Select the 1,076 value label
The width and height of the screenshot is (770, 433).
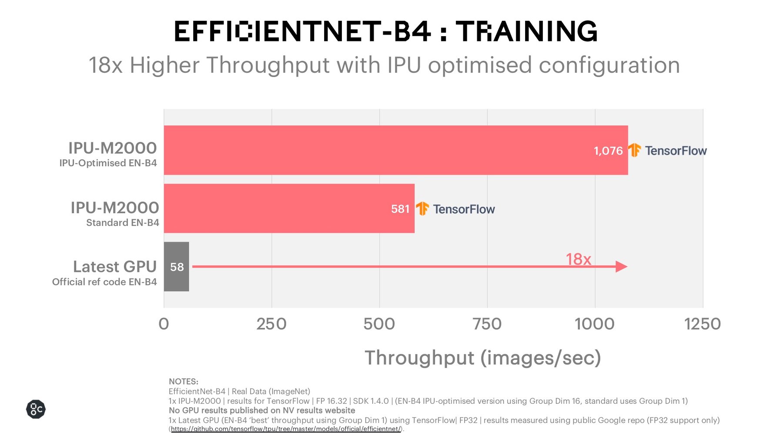tap(608, 151)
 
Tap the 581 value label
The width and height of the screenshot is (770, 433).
tap(400, 209)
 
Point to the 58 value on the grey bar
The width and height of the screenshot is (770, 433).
tap(177, 267)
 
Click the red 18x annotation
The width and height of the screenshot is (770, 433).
tap(578, 259)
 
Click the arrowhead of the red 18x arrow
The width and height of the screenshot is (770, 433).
tap(621, 267)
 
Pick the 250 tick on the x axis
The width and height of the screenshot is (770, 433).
tap(271, 324)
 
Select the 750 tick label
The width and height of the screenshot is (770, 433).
tap(487, 324)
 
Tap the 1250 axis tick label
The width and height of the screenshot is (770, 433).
tap(702, 324)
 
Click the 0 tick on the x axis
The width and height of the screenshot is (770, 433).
tap(164, 324)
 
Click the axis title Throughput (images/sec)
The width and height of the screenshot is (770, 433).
tap(482, 358)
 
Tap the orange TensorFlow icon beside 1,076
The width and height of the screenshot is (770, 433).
tap(634, 150)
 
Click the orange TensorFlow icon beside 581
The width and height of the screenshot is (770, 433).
tap(422, 208)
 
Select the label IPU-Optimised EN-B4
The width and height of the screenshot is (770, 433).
tap(108, 163)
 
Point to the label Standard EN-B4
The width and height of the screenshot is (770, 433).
tap(122, 223)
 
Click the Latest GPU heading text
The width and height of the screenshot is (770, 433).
tap(114, 266)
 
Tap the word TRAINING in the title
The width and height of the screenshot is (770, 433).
tap(526, 31)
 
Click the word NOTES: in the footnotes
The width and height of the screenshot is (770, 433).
tap(183, 382)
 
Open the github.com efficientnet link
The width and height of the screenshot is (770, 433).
tap(286, 429)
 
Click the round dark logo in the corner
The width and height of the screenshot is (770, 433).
tap(36, 409)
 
